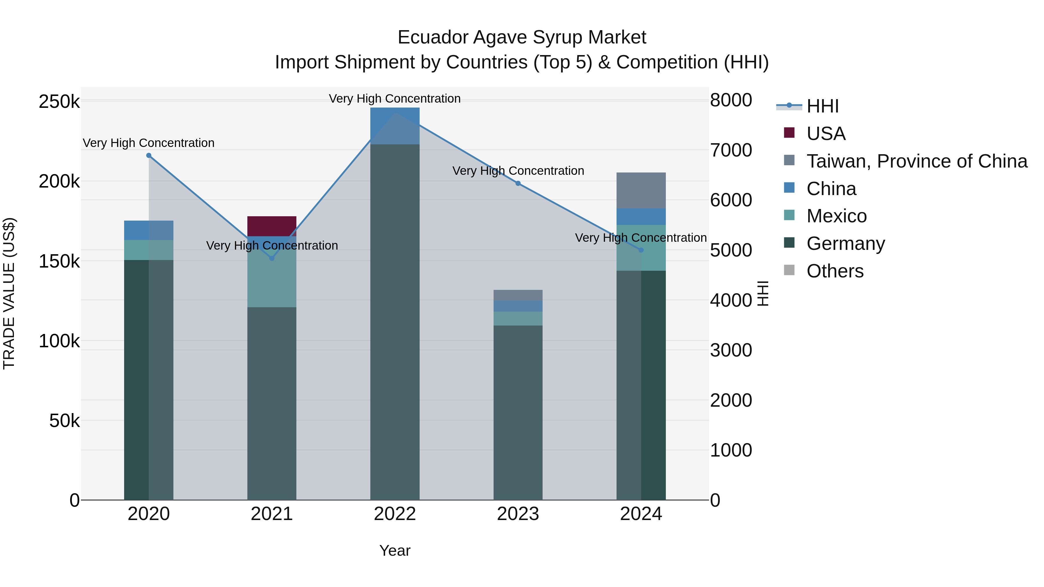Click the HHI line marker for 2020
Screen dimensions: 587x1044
(x=149, y=156)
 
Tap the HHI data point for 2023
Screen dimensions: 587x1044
(x=518, y=183)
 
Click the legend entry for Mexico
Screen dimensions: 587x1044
(x=836, y=216)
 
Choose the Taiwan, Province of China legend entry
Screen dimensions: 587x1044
(x=917, y=161)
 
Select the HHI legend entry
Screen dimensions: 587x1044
(x=822, y=106)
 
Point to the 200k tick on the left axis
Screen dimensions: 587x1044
(x=59, y=181)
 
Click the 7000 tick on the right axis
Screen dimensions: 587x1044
(x=731, y=150)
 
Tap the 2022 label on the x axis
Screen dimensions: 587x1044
(x=395, y=514)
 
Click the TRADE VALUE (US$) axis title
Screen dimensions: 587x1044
(x=9, y=293)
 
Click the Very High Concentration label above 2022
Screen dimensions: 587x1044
(x=395, y=99)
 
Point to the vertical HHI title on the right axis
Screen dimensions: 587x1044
(x=763, y=293)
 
